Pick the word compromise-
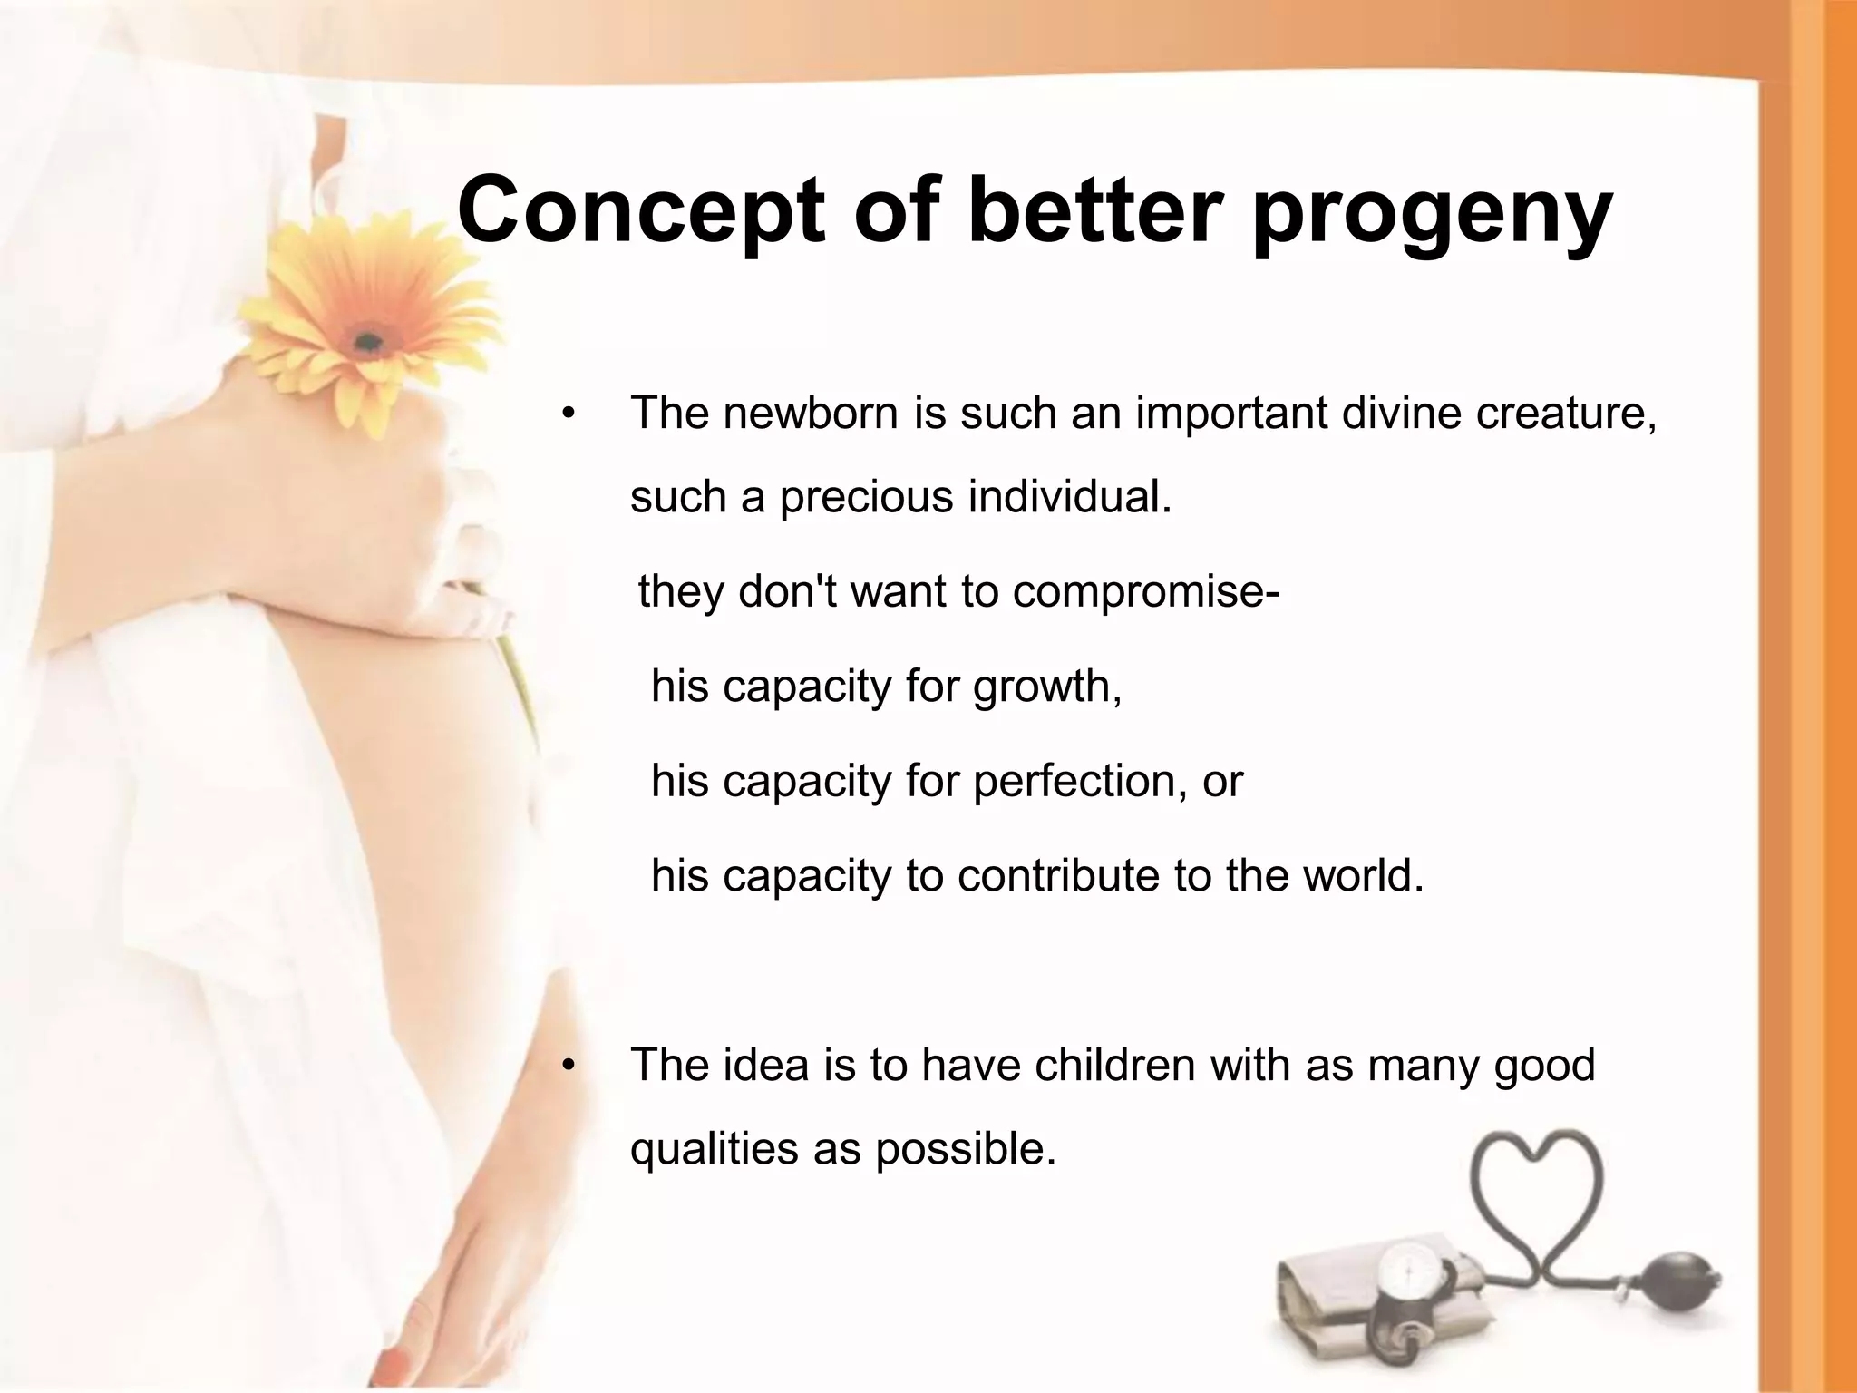[x=1146, y=592]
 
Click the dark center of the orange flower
[x=368, y=342]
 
